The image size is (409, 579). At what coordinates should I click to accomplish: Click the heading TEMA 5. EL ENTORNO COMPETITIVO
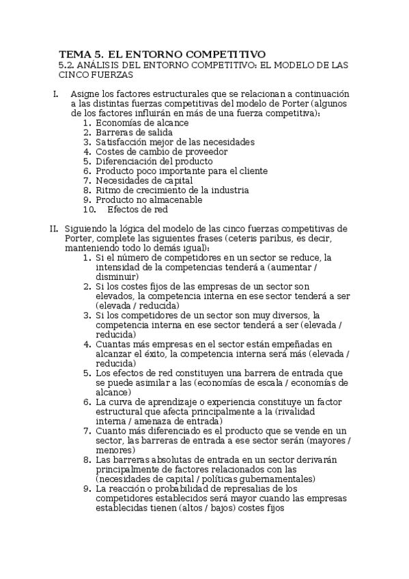coord(162,53)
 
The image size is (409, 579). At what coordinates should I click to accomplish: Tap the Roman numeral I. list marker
coord(55,94)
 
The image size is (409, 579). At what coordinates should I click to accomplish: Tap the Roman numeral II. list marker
coord(54,228)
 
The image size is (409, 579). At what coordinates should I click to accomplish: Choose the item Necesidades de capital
coord(139,180)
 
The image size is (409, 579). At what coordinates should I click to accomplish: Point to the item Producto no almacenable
coord(148,199)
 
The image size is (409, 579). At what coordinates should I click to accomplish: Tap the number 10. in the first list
coord(89,210)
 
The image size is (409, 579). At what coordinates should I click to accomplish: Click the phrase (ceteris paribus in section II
coord(257,238)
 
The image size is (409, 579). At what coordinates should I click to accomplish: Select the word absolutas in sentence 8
coord(158,460)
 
